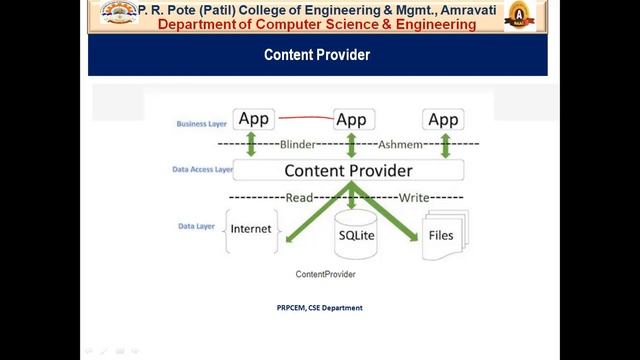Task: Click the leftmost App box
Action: click(x=254, y=120)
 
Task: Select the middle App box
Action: click(x=351, y=120)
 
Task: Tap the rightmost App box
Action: click(x=443, y=120)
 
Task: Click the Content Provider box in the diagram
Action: click(x=348, y=171)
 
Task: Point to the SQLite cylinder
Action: click(x=356, y=235)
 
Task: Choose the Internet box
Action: click(x=250, y=230)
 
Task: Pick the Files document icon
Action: click(x=440, y=235)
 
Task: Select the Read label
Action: click(x=300, y=198)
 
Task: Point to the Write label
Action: click(x=414, y=198)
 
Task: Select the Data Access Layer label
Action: click(x=203, y=170)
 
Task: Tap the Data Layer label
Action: click(x=196, y=227)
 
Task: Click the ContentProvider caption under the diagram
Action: click(x=325, y=274)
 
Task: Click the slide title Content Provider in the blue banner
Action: click(x=317, y=55)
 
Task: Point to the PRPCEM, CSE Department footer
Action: click(x=320, y=308)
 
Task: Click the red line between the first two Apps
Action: click(x=304, y=118)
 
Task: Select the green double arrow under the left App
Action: click(x=252, y=145)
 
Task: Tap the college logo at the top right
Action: click(x=518, y=16)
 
